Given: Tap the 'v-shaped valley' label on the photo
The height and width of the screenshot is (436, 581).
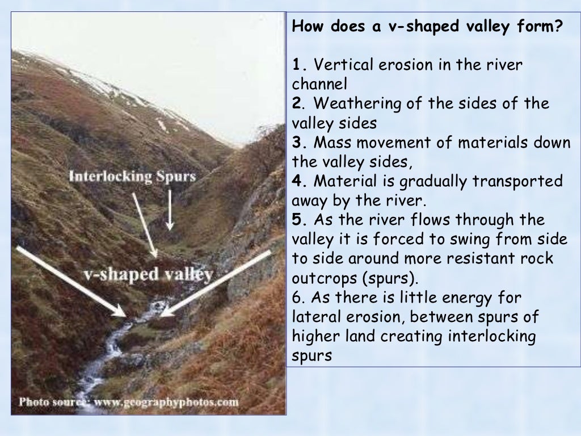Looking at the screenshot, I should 148,274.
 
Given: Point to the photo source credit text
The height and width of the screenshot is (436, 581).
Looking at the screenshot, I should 129,402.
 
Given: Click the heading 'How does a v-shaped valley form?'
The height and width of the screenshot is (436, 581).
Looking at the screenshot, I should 426,27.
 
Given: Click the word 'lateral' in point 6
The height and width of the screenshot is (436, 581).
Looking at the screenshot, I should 313,317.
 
